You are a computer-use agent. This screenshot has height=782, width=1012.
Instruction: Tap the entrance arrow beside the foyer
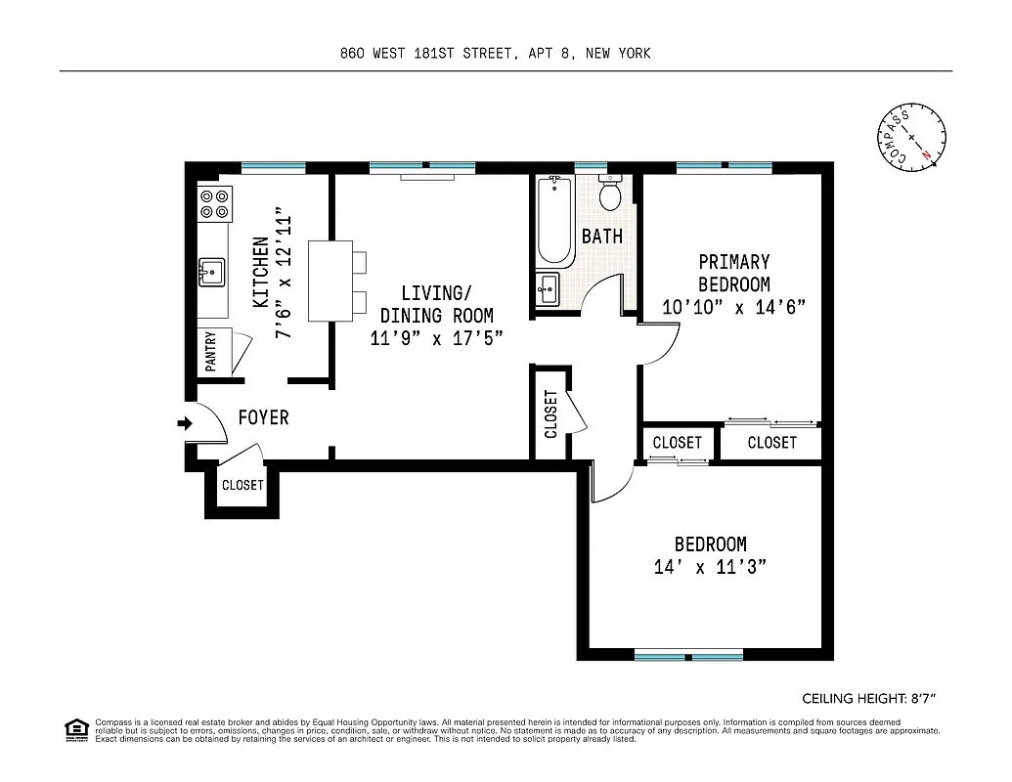click(x=183, y=423)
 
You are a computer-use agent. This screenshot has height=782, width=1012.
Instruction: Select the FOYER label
click(x=264, y=418)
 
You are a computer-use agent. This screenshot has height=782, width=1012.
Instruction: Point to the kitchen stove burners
click(x=214, y=203)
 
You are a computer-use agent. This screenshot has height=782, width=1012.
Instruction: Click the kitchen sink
click(x=212, y=271)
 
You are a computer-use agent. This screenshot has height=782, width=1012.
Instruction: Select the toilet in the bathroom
click(x=610, y=194)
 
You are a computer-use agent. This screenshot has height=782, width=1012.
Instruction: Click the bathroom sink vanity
click(x=548, y=289)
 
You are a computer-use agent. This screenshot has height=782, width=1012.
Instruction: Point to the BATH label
click(x=601, y=237)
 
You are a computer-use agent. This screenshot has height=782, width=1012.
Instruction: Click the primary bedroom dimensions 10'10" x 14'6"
click(x=733, y=307)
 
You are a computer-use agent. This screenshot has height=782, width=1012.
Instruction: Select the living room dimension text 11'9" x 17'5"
click(x=437, y=338)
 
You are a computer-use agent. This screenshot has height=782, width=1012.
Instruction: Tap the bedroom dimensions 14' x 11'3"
click(x=710, y=568)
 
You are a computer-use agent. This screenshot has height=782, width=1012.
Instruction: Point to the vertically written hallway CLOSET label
click(x=550, y=413)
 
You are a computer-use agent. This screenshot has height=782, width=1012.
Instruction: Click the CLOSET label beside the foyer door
click(x=242, y=485)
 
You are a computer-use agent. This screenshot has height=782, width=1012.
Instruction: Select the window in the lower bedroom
click(x=688, y=656)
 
